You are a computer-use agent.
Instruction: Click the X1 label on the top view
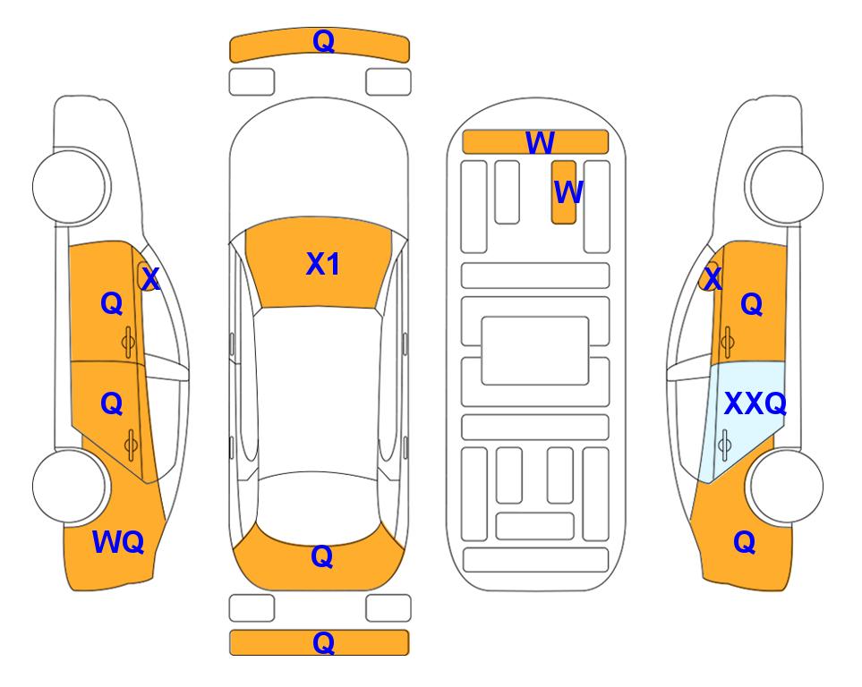(x=323, y=264)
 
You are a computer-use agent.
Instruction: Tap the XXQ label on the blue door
(x=755, y=404)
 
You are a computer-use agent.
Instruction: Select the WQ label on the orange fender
(x=118, y=542)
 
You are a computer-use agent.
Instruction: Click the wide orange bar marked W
(x=535, y=142)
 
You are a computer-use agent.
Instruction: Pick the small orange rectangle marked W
(x=564, y=192)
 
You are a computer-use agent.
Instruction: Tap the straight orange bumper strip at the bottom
(x=320, y=642)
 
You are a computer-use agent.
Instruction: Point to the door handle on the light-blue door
(x=724, y=445)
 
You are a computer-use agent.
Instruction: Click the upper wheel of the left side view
(x=70, y=187)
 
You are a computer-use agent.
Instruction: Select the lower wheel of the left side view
(x=70, y=486)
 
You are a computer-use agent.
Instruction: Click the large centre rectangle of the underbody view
(x=535, y=351)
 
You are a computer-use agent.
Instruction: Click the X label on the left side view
(x=150, y=279)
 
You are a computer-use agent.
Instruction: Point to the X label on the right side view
(x=713, y=278)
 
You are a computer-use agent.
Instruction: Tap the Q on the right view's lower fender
(x=745, y=542)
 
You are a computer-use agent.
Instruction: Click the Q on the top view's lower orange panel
(x=322, y=556)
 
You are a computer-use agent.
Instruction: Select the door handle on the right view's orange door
(x=728, y=342)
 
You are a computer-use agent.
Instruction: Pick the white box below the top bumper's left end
(x=252, y=82)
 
